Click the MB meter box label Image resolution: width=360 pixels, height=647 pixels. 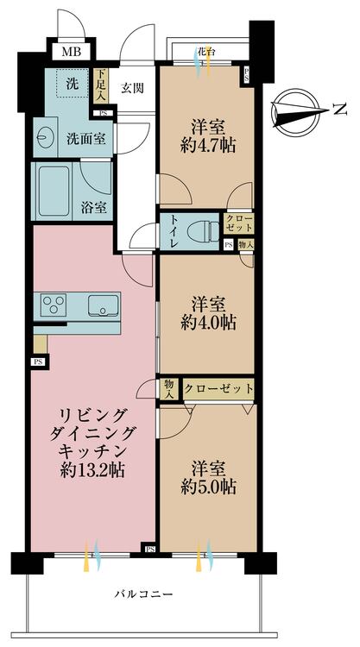[x=71, y=52]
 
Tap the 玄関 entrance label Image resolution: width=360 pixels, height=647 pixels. [x=133, y=88]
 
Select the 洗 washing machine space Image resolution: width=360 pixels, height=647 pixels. [x=73, y=83]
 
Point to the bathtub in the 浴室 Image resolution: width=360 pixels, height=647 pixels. [x=54, y=191]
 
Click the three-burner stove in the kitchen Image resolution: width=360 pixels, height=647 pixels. [x=54, y=305]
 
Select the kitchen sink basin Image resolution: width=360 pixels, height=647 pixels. [x=104, y=305]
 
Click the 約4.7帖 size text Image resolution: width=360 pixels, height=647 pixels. [x=208, y=145]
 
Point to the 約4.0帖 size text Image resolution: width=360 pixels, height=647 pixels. [x=208, y=323]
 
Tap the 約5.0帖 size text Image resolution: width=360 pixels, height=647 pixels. [x=208, y=487]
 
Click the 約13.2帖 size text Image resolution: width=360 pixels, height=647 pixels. [x=92, y=470]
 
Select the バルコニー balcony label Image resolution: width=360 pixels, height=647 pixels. [x=143, y=594]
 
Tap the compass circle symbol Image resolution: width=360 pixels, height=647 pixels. [x=295, y=112]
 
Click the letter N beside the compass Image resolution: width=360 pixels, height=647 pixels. [x=339, y=110]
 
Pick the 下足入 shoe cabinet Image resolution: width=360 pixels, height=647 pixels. [x=100, y=85]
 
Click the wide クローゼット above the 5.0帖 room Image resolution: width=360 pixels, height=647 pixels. [x=218, y=388]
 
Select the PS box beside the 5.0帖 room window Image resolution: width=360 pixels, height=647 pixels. [x=150, y=549]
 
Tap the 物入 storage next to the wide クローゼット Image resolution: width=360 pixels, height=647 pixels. [x=169, y=389]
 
